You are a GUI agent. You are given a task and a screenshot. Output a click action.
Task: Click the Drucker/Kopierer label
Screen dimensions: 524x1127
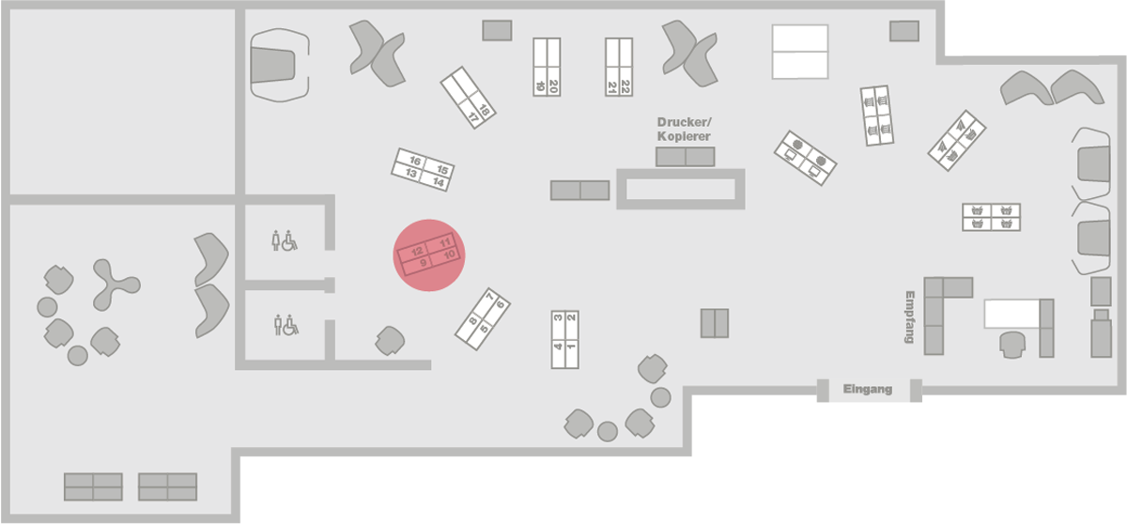click(x=684, y=130)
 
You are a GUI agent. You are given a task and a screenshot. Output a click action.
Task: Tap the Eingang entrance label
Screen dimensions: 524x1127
click(x=867, y=389)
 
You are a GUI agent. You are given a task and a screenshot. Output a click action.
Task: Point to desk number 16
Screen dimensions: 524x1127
click(x=414, y=162)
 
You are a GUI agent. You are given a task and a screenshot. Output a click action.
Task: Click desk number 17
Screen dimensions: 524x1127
click(x=473, y=118)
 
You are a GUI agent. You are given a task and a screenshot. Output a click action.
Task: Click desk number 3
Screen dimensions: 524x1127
click(x=558, y=318)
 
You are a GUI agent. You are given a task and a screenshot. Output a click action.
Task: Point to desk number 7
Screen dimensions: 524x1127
click(x=490, y=298)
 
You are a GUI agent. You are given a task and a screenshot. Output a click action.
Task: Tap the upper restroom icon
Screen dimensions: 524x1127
click(x=285, y=241)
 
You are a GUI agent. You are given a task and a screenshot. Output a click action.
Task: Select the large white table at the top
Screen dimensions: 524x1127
click(x=799, y=52)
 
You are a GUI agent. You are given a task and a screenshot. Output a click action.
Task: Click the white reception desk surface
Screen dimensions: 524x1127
click(x=1011, y=313)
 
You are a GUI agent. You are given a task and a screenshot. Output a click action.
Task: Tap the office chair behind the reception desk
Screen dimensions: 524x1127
click(x=1012, y=344)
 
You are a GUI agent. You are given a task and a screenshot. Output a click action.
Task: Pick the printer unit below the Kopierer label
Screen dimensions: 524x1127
click(x=686, y=157)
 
